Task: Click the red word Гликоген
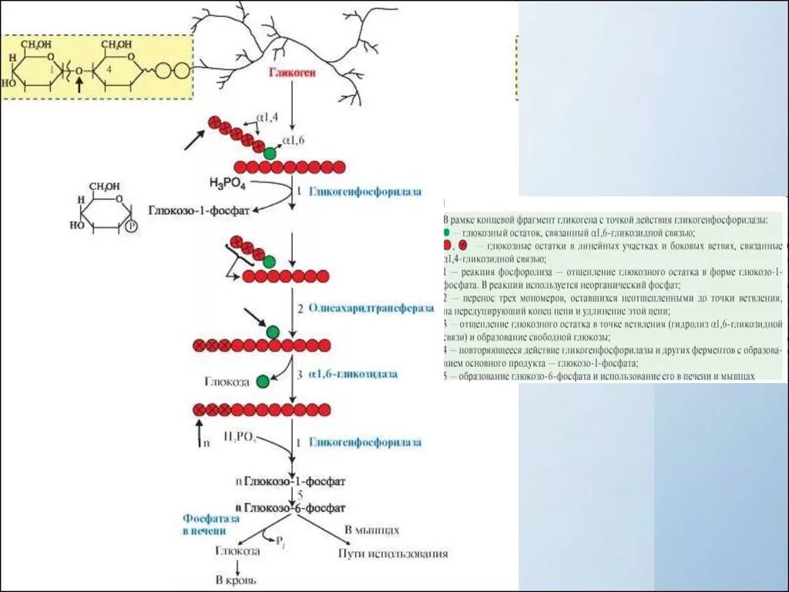click(293, 73)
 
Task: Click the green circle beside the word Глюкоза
click(263, 380)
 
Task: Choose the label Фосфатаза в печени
click(205, 525)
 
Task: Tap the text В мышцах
click(371, 530)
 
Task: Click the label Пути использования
click(393, 553)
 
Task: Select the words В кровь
click(236, 580)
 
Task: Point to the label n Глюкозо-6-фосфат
click(290, 507)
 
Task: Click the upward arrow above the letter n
click(200, 429)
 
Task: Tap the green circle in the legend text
click(448, 232)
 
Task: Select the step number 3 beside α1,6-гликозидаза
click(300, 374)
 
